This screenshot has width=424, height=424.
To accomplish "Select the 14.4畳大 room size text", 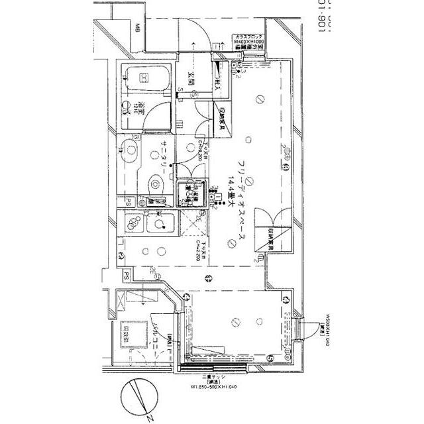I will pyautogui.click(x=231, y=193).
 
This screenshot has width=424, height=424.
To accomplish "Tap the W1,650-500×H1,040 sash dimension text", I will pyautogui.click(x=206, y=388).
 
